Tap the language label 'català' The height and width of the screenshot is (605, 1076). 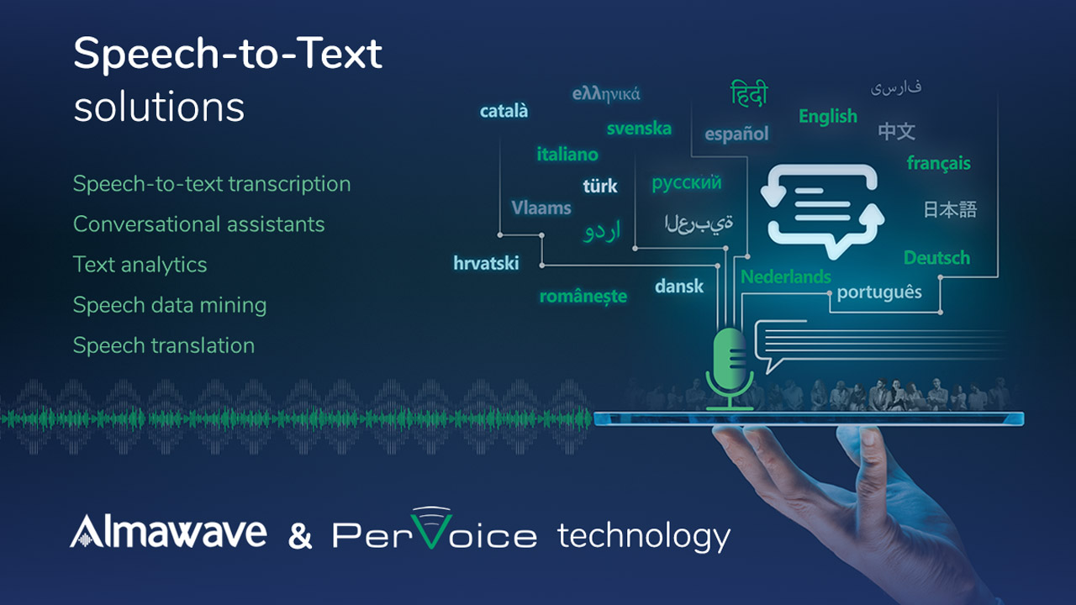(x=504, y=111)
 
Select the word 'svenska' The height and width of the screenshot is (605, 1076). (x=639, y=129)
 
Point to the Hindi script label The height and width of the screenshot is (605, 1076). (x=749, y=92)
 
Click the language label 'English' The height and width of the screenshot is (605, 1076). (x=828, y=117)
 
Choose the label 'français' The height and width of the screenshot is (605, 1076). (x=939, y=163)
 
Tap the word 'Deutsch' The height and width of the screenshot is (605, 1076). (x=936, y=258)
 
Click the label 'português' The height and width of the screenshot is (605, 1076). (x=879, y=292)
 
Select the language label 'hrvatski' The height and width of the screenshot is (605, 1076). (x=486, y=263)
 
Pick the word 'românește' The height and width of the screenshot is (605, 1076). (x=583, y=297)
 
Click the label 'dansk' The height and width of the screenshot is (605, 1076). (x=678, y=287)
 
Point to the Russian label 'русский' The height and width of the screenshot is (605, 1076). (x=687, y=182)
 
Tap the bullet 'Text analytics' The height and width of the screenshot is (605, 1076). (x=140, y=265)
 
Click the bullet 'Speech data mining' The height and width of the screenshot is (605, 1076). (x=170, y=305)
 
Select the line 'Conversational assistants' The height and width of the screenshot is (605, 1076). (x=199, y=224)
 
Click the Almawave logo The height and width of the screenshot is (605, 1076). (x=168, y=531)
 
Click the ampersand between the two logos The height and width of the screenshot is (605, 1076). (x=300, y=536)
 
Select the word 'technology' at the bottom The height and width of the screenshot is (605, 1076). (x=644, y=536)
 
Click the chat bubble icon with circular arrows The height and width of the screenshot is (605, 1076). (x=822, y=210)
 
